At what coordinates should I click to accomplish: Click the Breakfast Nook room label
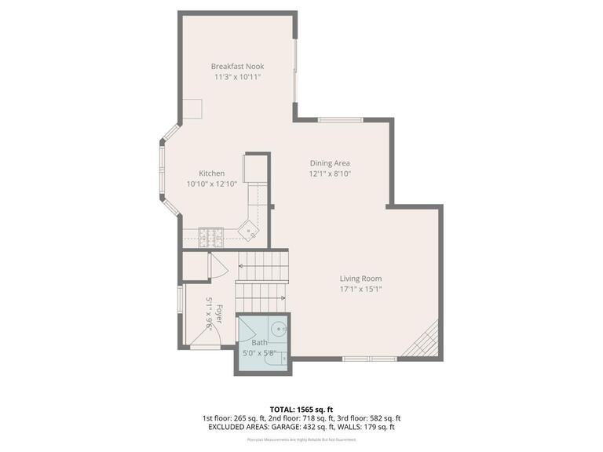(x=236, y=67)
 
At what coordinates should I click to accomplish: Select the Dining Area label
(x=329, y=162)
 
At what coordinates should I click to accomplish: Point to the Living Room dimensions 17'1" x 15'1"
(x=360, y=289)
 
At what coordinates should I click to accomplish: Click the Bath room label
(x=260, y=343)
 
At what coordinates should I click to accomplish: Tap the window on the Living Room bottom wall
(x=369, y=359)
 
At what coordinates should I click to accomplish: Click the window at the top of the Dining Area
(x=340, y=119)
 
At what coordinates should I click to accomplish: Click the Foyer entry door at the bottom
(x=203, y=339)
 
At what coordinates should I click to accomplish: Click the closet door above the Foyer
(x=217, y=266)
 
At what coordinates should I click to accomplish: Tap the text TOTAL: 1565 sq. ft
(x=301, y=410)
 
